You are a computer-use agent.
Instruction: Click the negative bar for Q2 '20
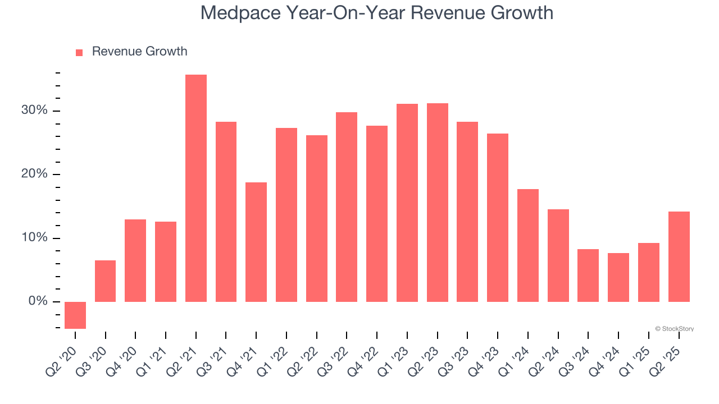[75, 315]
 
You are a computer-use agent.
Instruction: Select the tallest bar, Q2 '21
[196, 188]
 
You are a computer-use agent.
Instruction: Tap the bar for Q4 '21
[256, 242]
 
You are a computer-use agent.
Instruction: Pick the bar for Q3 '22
[347, 207]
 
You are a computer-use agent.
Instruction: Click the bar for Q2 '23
[437, 203]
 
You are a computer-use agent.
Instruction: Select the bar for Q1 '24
[527, 245]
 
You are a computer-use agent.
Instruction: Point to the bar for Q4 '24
[618, 277]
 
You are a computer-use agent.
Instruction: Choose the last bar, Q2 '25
[679, 256]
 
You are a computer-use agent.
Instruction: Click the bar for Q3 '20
[106, 281]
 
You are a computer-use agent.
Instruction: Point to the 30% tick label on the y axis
[34, 111]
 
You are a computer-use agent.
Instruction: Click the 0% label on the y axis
[38, 302]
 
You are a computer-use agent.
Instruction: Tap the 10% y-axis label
[34, 238]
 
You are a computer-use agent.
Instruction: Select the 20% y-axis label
[34, 175]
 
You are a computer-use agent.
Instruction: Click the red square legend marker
[79, 52]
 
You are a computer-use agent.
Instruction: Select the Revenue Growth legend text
[139, 52]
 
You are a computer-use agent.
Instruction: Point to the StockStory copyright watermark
[674, 329]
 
